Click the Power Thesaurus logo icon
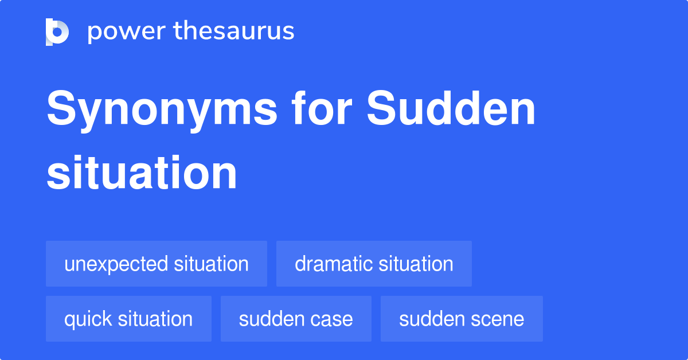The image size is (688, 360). point(57,32)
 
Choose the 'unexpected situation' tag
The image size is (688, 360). point(157,264)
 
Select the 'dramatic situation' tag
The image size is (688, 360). point(374,264)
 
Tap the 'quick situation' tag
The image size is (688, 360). point(128,319)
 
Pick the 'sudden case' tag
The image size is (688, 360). point(296,319)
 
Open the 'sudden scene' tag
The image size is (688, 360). point(462,319)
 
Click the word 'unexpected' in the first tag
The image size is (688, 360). point(116,264)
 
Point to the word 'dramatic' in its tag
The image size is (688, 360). point(333,264)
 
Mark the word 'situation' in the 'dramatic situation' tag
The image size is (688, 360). point(415,264)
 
